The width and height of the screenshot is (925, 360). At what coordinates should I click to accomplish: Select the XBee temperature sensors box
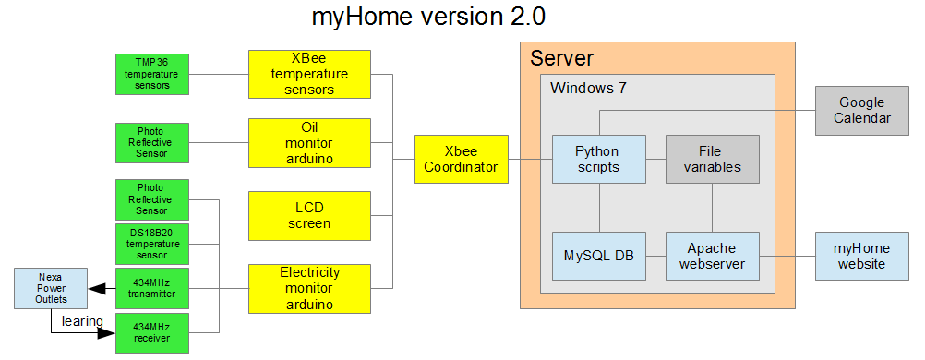point(309,74)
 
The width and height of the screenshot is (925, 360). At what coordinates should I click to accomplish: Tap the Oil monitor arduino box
point(309,141)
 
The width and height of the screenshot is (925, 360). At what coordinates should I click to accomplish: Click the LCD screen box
point(309,215)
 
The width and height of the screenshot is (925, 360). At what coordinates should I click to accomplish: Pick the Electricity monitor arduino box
point(309,288)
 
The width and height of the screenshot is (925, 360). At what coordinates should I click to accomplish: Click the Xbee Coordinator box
point(461,159)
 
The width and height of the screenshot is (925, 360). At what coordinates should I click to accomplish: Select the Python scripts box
point(597,159)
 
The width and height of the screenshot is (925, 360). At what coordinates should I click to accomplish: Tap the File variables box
point(712,159)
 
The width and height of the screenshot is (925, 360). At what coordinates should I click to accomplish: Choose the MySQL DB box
point(597,256)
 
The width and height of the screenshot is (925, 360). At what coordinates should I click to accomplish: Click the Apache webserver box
point(712,256)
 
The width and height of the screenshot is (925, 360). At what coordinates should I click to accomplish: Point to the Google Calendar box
point(860,110)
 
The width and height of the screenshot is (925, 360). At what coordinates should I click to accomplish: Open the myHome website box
point(860,256)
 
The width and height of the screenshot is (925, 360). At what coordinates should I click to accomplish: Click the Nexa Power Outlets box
point(51,288)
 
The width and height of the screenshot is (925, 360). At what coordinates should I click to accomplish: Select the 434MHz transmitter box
point(151,288)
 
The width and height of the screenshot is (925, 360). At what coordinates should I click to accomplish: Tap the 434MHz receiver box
point(151,333)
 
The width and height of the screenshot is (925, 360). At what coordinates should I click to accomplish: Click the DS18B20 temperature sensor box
point(151,244)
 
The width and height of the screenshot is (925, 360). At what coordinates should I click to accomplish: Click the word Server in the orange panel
point(561,59)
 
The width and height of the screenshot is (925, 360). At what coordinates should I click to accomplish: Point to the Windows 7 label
point(588,89)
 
